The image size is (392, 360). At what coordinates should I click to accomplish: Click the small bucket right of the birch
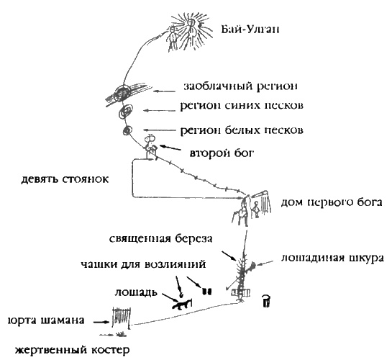click(267, 300)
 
